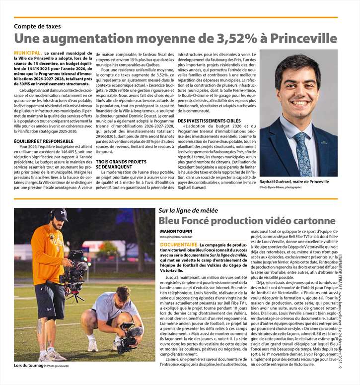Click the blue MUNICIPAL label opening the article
pyautogui.click(x=27, y=53)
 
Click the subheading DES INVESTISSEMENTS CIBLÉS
pyautogui.click(x=209, y=121)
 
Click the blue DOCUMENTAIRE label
pyautogui.click(x=179, y=245)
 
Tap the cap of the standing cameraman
pyautogui.click(x=59, y=214)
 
